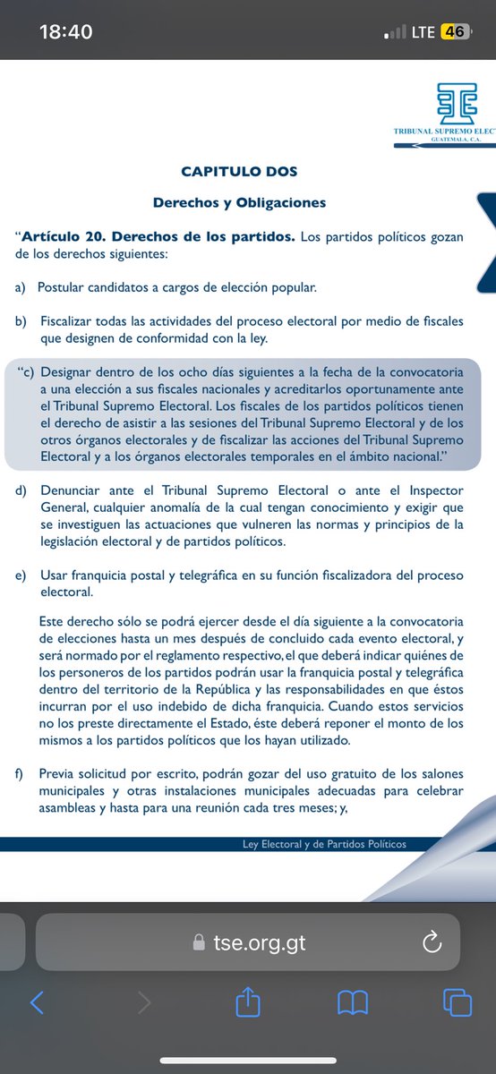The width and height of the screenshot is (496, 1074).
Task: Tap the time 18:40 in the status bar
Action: [x=66, y=31]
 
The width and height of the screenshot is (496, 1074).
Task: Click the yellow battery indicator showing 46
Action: [x=454, y=31]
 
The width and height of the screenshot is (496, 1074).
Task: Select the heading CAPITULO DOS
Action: [x=239, y=171]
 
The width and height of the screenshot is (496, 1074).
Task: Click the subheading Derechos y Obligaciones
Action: [x=239, y=202]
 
